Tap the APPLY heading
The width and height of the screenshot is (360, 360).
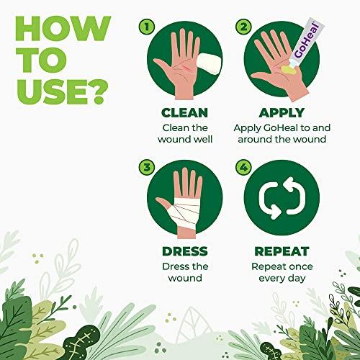[279, 113]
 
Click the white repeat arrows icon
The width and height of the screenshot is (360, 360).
[279, 199]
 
